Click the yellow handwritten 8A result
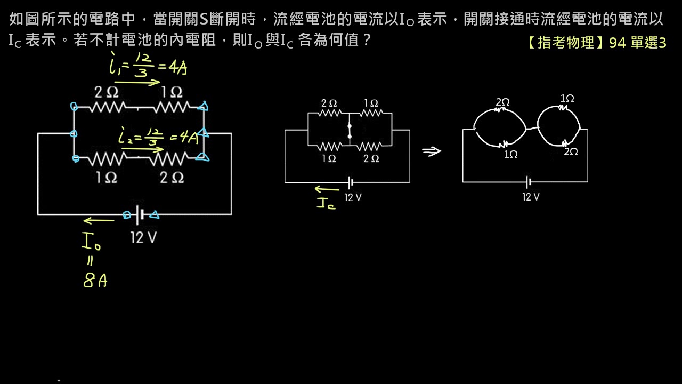pos(95,281)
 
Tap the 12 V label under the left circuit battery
pos(144,238)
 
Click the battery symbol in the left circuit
pos(140,215)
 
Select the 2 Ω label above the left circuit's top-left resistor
pos(106,92)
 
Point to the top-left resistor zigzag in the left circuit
pos(107,107)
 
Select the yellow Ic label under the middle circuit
pos(326,203)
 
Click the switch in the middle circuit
pos(350,131)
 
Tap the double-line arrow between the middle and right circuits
pos(432,151)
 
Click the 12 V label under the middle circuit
pos(353,197)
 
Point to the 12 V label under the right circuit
pos(531,197)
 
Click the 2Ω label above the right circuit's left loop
pos(502,102)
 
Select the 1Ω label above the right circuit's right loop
pos(567,99)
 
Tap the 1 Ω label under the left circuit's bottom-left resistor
pos(106,178)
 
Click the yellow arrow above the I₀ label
pos(99,220)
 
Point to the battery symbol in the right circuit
pos(528,182)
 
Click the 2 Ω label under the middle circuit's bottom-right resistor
pos(371,158)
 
